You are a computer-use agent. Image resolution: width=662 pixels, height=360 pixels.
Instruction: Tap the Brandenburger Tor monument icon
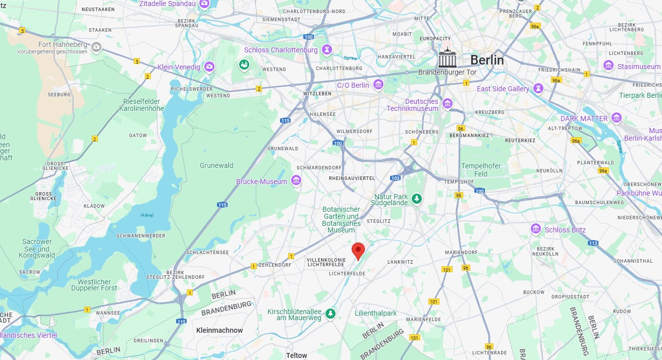[x=447, y=58]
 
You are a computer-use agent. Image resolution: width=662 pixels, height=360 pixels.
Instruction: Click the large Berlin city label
[x=487, y=60]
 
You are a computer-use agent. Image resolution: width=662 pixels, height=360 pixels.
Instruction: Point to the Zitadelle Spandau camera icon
[x=204, y=4]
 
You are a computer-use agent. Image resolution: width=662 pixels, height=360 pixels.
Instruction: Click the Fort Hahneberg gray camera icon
[x=96, y=47]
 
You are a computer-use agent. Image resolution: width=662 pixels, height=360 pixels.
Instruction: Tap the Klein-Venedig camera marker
[x=209, y=67]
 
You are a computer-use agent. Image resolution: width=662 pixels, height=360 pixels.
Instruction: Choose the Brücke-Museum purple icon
[x=296, y=181]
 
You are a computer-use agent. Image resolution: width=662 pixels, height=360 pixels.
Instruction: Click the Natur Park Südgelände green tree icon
[x=416, y=199]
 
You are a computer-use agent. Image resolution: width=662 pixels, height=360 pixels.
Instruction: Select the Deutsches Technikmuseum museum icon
[x=447, y=104]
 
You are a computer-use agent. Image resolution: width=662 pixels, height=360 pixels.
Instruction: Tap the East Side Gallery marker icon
[x=539, y=88]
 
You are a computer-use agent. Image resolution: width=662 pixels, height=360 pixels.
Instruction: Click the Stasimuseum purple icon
[x=609, y=66]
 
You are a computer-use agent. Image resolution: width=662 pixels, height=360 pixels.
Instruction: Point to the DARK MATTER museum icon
[x=616, y=118]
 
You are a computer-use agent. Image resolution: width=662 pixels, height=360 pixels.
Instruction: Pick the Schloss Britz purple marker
[x=536, y=229]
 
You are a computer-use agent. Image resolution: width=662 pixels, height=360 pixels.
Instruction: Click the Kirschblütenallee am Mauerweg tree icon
[x=330, y=314]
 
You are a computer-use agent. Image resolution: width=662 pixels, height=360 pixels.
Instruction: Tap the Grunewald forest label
[x=216, y=165]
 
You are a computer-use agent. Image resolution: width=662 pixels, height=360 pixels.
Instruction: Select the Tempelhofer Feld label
[x=474, y=169]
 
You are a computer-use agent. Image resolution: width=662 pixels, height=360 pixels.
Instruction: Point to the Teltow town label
[x=296, y=355]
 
